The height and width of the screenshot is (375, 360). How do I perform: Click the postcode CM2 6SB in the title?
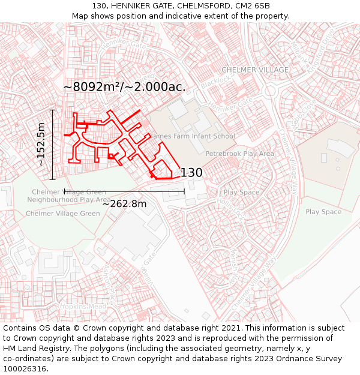[x=253, y=6]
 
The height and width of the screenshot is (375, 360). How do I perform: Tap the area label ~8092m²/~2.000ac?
[x=124, y=87]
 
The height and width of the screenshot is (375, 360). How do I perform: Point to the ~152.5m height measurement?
[x=41, y=144]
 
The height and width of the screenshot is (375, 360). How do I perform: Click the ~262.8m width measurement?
[x=124, y=204]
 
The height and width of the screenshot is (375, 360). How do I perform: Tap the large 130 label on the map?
[x=191, y=173]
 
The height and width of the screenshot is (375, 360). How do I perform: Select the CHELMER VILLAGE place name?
[x=255, y=70]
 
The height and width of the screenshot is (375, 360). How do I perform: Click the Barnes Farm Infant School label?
[x=192, y=136]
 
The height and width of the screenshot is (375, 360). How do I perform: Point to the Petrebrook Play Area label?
[x=239, y=154]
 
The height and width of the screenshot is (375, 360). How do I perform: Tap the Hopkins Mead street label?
[x=83, y=306]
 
